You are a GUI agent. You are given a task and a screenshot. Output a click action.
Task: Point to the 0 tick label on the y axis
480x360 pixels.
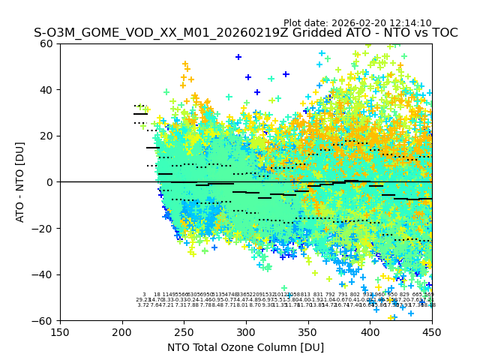[x=51, y=182]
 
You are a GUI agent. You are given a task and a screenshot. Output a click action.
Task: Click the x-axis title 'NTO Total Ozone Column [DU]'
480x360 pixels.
[x=246, y=347]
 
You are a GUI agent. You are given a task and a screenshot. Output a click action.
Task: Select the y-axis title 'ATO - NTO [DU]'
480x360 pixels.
[x=21, y=182]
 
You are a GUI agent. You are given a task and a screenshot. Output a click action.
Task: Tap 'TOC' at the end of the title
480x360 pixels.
[x=442, y=33]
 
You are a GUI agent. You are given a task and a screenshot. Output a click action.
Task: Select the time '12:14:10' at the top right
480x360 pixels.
[x=411, y=23]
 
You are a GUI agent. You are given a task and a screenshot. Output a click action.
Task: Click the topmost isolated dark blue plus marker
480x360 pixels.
[x=238, y=57]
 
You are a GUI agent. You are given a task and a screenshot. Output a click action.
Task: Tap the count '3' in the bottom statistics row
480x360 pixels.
[x=144, y=295]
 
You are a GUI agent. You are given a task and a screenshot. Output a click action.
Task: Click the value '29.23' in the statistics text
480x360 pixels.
[x=143, y=300]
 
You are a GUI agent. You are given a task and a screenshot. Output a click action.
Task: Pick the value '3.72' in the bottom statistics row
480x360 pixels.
[x=143, y=305]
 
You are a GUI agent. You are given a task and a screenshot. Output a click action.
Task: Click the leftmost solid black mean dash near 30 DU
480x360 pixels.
[x=140, y=114]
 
